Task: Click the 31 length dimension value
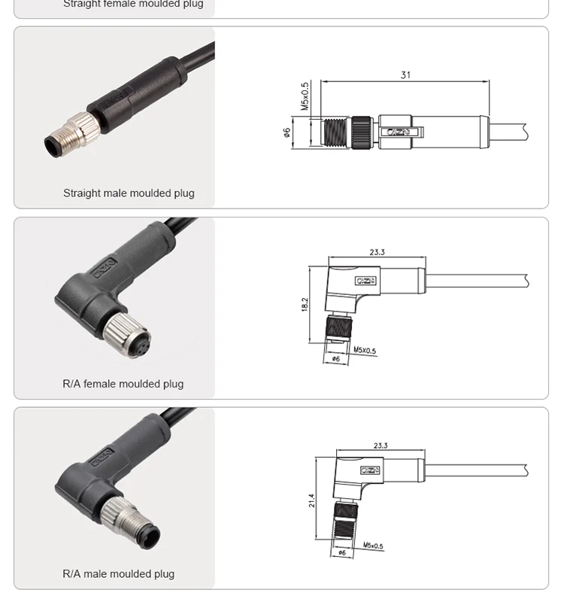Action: pyautogui.click(x=405, y=74)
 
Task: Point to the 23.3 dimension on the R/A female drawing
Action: pyautogui.click(x=377, y=252)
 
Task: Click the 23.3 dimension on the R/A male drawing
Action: pyautogui.click(x=381, y=445)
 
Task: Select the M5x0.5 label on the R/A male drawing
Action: pyautogui.click(x=373, y=545)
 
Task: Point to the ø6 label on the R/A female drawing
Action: pyautogui.click(x=336, y=359)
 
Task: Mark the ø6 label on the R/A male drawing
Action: pyautogui.click(x=342, y=552)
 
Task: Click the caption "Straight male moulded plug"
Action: pyautogui.click(x=129, y=193)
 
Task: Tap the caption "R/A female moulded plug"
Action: pyautogui.click(x=123, y=384)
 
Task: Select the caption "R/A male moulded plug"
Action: pyautogui.click(x=118, y=574)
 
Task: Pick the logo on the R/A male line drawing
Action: pyautogui.click(x=369, y=470)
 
